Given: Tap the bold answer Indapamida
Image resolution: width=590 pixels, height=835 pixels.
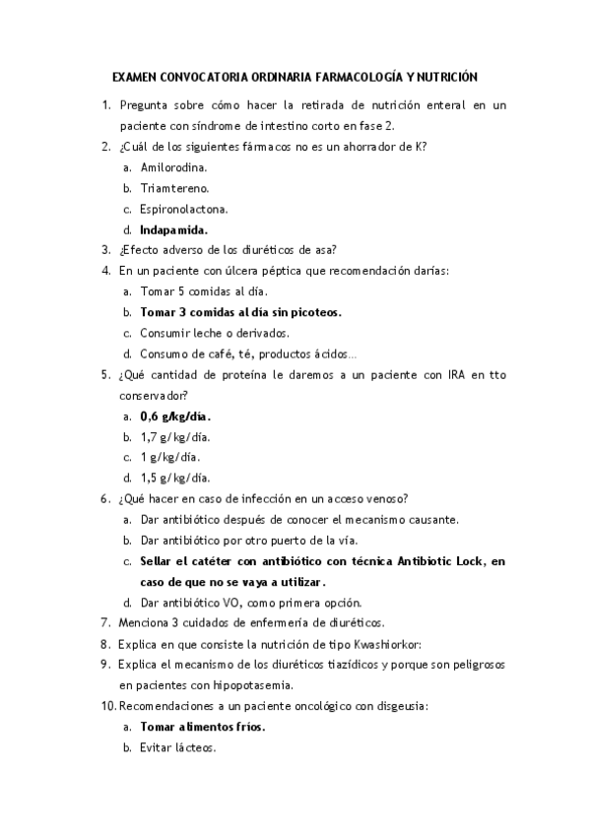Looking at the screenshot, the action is [x=180, y=229].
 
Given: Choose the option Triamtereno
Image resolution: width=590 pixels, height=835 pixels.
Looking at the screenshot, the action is [x=175, y=188].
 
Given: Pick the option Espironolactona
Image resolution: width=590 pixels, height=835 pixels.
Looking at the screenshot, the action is [x=185, y=209].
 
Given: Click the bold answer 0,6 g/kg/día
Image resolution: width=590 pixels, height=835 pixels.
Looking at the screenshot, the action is [x=176, y=416].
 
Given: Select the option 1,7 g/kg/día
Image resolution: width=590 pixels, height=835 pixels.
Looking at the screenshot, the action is [x=175, y=436].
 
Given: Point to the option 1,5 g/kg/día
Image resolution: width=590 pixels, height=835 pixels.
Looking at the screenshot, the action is [x=175, y=478].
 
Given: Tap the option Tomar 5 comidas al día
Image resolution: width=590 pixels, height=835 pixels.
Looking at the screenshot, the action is [x=204, y=291].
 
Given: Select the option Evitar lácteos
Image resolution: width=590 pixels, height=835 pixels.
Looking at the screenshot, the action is [x=178, y=747].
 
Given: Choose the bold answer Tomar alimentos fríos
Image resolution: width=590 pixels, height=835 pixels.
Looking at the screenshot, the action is [x=203, y=727].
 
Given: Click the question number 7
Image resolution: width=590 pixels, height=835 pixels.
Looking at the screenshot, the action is [x=105, y=622].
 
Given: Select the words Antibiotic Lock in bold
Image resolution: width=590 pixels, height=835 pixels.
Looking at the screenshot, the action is [x=440, y=560].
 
